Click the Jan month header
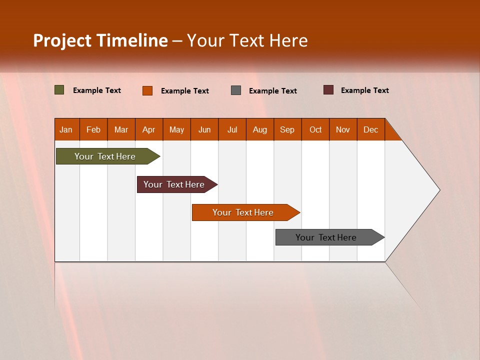tap(66, 129)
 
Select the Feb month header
tap(93, 129)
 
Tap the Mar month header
tap(121, 129)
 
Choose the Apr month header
tap(149, 129)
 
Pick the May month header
tap(176, 129)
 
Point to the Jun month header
tap(204, 129)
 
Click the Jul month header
tap(232, 129)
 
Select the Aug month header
tap(260, 129)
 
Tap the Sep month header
tap(287, 129)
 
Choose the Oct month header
tap(315, 129)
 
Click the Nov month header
tap(343, 129)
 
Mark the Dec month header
tap(371, 129)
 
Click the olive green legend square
tap(59, 90)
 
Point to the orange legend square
tap(147, 90)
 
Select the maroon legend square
tap(328, 90)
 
